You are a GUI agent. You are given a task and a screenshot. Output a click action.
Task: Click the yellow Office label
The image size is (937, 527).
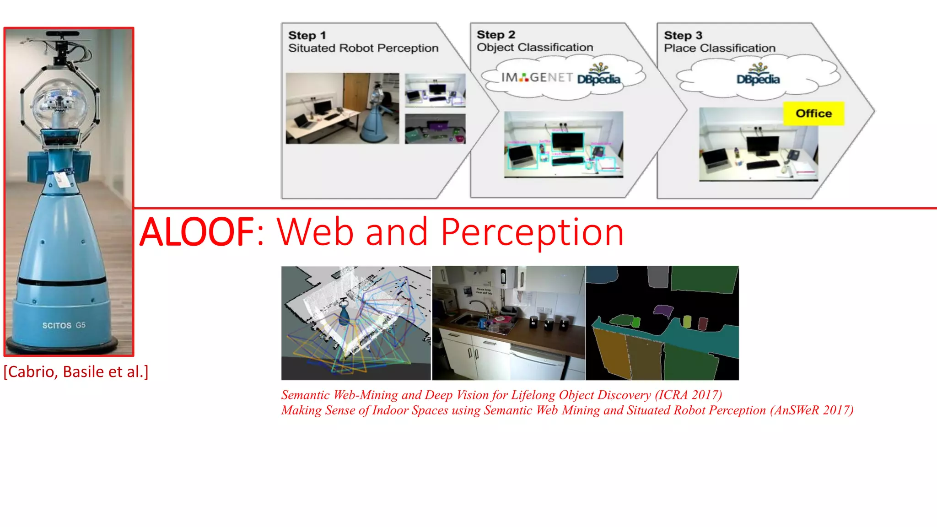pos(813,113)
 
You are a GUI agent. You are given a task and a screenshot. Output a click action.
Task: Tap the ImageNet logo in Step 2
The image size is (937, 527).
pos(536,78)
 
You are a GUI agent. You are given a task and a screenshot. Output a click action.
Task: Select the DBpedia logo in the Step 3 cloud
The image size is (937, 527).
pos(758,76)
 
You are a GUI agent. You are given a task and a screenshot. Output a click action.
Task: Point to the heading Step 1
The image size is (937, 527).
pos(307,35)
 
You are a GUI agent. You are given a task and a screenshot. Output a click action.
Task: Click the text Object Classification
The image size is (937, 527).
pos(534,47)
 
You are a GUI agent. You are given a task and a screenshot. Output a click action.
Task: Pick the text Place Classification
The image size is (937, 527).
pos(719,48)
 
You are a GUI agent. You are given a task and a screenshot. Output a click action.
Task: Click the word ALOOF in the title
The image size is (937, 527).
pos(197,232)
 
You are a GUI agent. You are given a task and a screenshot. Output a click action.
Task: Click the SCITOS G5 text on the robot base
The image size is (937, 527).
pos(64,325)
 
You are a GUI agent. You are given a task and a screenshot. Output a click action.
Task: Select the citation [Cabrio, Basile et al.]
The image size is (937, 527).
pos(76,371)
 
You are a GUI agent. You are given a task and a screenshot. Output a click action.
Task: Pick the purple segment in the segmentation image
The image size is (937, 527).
pos(663,311)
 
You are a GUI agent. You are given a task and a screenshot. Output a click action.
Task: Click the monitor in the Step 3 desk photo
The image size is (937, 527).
pos(762,146)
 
